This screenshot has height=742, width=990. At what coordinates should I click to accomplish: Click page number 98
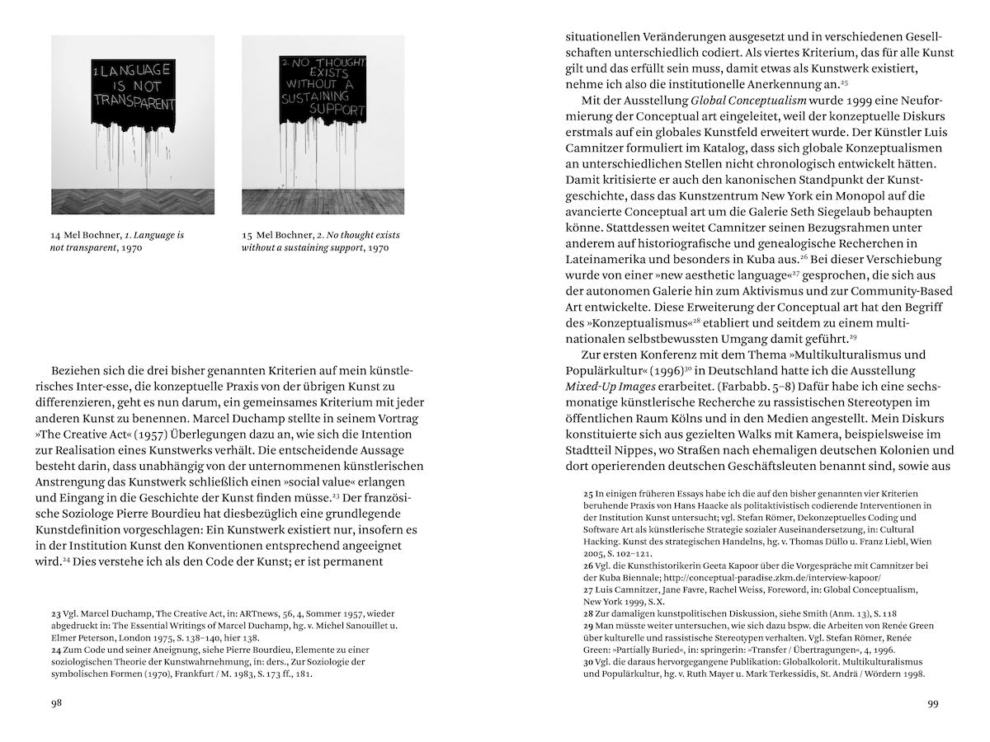(x=55, y=703)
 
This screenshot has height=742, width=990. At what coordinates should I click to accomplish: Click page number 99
(x=932, y=703)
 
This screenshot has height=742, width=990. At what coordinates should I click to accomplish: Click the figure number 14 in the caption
(x=56, y=235)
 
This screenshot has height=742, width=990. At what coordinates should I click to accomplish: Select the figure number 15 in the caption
(x=247, y=235)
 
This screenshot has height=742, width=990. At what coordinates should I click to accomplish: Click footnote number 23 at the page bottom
(x=56, y=613)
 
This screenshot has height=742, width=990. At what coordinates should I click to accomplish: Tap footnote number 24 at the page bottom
(x=56, y=650)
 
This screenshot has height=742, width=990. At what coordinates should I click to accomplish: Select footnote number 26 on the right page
(x=589, y=566)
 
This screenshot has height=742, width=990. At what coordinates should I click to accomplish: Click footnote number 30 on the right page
(x=589, y=662)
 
